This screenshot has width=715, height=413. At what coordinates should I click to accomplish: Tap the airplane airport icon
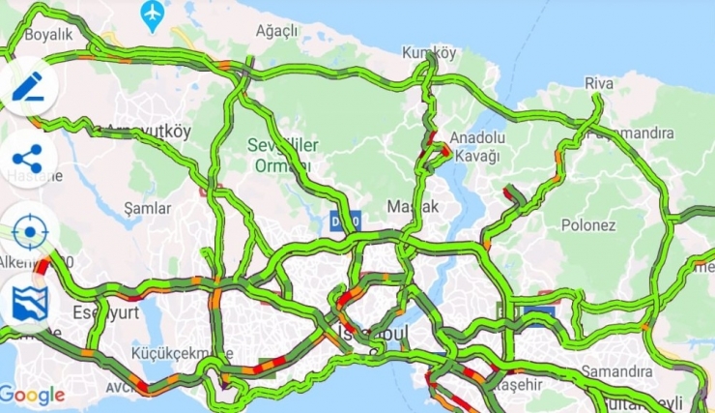tap(153, 14)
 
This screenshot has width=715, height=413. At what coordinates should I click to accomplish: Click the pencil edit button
tap(29, 86)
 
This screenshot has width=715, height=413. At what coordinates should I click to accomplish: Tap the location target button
tap(29, 232)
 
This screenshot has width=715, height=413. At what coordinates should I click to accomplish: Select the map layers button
tap(29, 303)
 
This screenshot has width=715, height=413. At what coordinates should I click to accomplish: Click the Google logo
tap(32, 395)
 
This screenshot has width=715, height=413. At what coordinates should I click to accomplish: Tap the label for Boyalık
tap(48, 35)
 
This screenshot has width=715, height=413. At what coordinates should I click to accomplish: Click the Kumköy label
tap(429, 53)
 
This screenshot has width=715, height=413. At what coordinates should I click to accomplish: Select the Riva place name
tap(599, 84)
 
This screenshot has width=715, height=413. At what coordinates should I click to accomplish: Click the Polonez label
tap(588, 225)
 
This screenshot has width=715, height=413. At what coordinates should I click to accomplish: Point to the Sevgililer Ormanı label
tap(284, 155)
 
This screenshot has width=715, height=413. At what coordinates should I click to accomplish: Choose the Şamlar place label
tap(148, 208)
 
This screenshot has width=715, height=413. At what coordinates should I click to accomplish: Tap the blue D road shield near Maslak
tap(345, 220)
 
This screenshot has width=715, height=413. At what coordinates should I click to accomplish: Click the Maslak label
tap(413, 207)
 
